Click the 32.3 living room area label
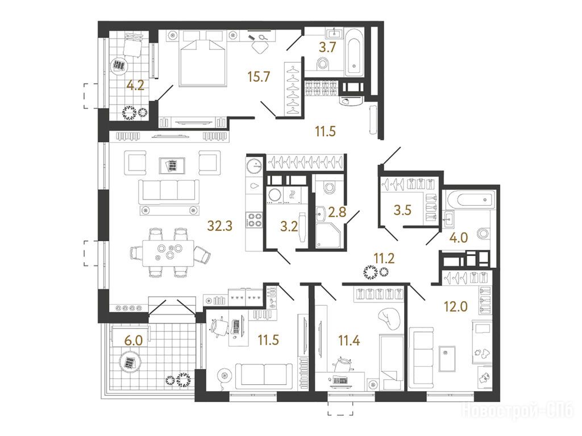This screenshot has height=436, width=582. pyautogui.click(x=220, y=226)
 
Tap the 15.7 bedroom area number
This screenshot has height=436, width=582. pyautogui.click(x=259, y=77)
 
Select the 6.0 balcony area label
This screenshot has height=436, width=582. pyautogui.click(x=133, y=340)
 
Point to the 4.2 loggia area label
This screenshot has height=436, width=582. pyautogui.click(x=135, y=86)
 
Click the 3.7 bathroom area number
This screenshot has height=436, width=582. pyautogui.click(x=328, y=48)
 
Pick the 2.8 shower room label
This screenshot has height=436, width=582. pyautogui.click(x=337, y=212)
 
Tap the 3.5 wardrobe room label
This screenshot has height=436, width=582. pyautogui.click(x=403, y=210)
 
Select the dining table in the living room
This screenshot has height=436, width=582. pyautogui.click(x=168, y=253)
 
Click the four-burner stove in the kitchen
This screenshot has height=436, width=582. pyautogui.click(x=254, y=219)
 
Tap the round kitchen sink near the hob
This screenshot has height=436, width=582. pyautogui.click(x=255, y=165)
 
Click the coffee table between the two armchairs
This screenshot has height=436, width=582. pyautogui.click(x=172, y=165)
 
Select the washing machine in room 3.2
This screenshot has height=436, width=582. pyautogui.click(x=275, y=194)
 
